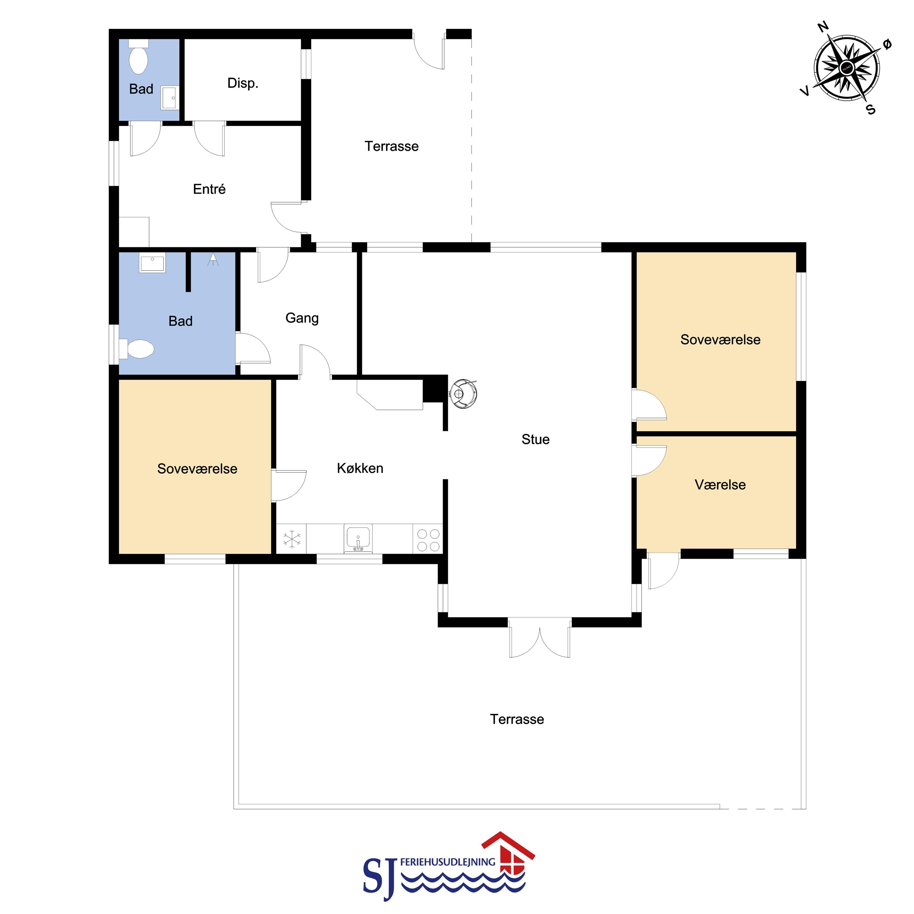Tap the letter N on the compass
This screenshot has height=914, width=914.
[x=824, y=27]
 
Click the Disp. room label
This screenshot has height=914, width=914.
[x=243, y=83]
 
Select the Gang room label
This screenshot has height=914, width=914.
[x=302, y=318]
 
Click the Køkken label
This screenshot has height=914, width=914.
[x=360, y=468]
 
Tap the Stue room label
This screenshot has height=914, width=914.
[x=536, y=440]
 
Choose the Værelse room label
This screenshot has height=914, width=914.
[x=720, y=484]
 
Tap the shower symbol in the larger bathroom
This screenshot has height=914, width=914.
[x=213, y=259]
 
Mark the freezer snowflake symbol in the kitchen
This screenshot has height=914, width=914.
[x=292, y=539]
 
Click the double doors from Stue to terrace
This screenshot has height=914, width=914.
[x=540, y=638]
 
